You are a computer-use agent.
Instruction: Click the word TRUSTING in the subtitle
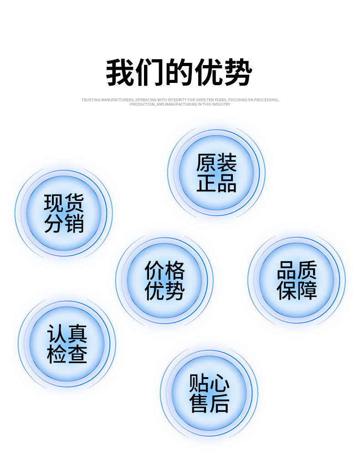coord(90,99)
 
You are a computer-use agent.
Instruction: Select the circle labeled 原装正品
coord(216,173)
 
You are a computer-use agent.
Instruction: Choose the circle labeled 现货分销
coord(64,213)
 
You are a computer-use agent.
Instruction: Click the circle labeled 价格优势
coord(165,281)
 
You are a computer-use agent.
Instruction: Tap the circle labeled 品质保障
coord(297,280)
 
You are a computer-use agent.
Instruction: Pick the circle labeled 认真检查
coord(67,344)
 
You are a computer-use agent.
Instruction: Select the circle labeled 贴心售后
coord(209,393)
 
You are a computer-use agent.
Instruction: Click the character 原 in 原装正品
coord(206,163)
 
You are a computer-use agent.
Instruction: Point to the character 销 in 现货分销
coord(74,224)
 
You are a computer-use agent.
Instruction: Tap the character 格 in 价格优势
coord(175,271)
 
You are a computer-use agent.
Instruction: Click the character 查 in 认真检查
coord(77,354)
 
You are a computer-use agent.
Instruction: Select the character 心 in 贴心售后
coord(220,383)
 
